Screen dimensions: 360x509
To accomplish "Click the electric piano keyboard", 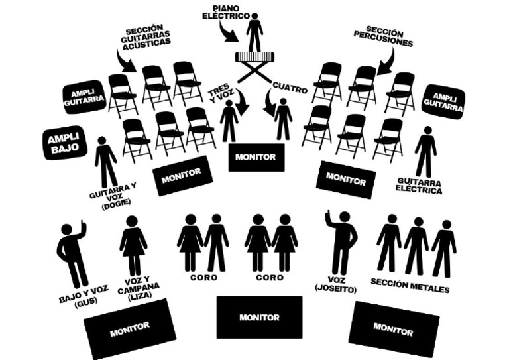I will (x=254, y=56).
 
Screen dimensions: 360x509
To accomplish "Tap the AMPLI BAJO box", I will (x=65, y=142).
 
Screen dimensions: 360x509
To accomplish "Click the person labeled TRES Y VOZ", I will (x=229, y=121).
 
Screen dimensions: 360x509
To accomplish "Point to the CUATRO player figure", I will (x=283, y=119).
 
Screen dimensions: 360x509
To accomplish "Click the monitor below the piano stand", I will (x=256, y=157).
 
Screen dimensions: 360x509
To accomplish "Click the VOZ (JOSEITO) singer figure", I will (x=343, y=243).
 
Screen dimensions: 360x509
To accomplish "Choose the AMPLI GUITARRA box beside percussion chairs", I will (x=443, y=101).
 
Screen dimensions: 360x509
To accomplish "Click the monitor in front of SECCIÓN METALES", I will (x=394, y=328).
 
